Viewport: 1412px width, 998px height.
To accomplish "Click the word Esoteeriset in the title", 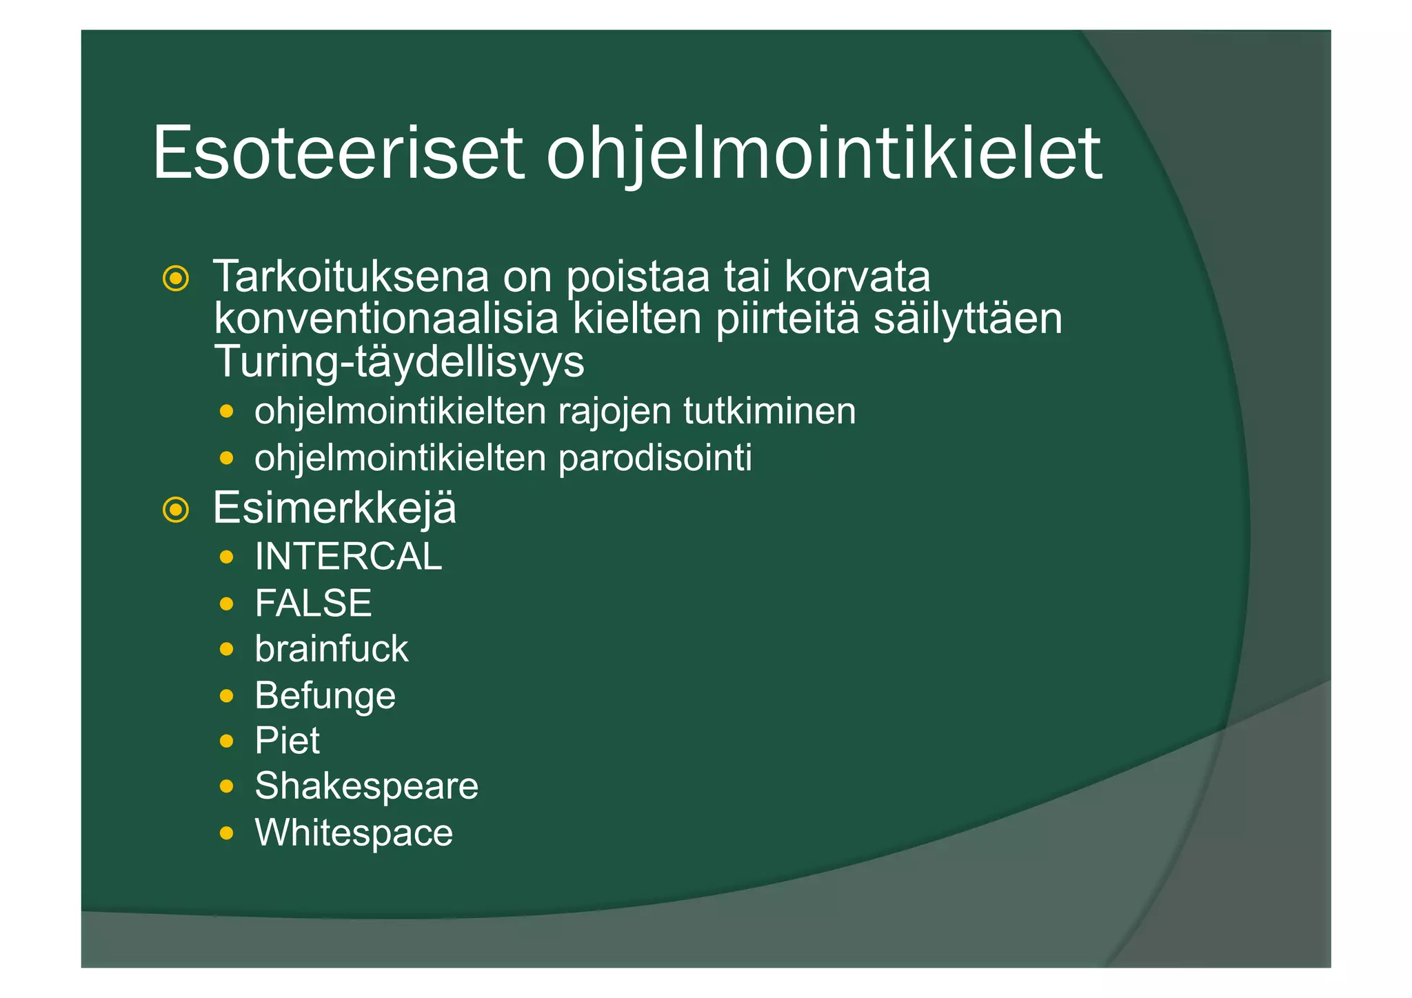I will (x=338, y=153).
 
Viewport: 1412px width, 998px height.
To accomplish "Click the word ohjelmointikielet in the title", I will (x=824, y=153).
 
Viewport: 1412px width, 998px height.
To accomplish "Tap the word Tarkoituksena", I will (x=350, y=277).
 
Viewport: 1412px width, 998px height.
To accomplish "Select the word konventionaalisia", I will (x=386, y=319).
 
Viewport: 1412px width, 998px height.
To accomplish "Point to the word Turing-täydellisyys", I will (x=399, y=361).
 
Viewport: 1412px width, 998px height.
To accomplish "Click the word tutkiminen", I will (x=769, y=412).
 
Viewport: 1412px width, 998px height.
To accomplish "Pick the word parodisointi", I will (x=655, y=459).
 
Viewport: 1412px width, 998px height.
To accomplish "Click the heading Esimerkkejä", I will (x=334, y=508).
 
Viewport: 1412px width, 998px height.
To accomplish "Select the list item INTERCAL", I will (x=348, y=557).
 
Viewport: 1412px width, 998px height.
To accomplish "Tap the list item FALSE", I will (x=313, y=603).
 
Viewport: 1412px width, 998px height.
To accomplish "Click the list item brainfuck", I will (x=331, y=649).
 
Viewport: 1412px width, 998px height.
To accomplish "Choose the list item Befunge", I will (x=325, y=695).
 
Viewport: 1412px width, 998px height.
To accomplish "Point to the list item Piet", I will (x=287, y=741).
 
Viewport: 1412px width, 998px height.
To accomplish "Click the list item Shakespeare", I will (x=366, y=786).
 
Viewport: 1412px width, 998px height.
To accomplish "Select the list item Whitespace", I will (x=354, y=833).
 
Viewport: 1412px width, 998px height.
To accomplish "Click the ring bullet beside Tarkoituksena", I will (x=176, y=279).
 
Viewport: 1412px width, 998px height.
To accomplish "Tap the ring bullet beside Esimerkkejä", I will (x=176, y=510).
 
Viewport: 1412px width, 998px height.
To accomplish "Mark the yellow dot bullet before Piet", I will (x=226, y=741).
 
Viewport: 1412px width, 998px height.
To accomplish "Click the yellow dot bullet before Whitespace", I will (x=226, y=834).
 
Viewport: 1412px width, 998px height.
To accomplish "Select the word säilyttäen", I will (x=968, y=319).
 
